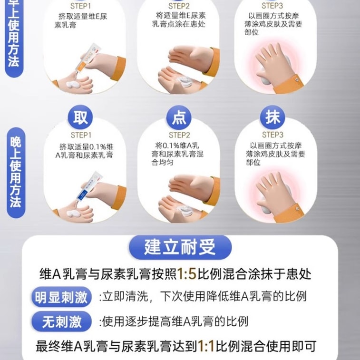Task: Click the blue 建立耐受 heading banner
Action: [180, 247]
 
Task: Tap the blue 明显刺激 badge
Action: [61, 297]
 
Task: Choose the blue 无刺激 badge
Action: [61, 322]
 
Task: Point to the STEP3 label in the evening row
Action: [272, 135]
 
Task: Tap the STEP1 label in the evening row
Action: [80, 135]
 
